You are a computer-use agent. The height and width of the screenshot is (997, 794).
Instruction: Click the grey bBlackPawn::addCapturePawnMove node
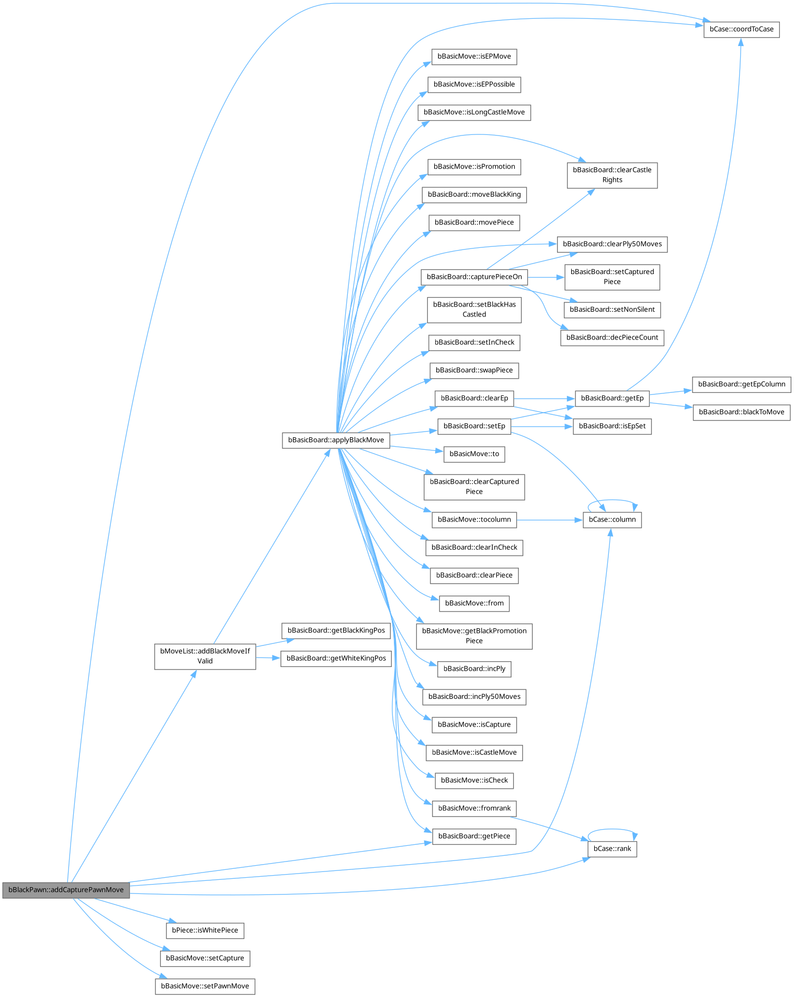66,890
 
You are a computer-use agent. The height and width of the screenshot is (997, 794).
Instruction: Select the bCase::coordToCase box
741,29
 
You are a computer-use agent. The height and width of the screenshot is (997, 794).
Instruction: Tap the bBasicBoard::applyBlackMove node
336,440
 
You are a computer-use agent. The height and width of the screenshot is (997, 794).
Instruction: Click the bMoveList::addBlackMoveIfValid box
205,656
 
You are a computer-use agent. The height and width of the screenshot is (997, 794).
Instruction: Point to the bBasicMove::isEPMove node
474,56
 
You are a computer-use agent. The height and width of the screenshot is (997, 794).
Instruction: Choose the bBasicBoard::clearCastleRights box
612,175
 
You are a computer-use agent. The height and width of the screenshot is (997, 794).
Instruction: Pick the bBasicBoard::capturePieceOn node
474,277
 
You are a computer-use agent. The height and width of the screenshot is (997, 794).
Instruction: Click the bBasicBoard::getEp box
612,399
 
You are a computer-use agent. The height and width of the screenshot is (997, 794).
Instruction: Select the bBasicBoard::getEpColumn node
742,384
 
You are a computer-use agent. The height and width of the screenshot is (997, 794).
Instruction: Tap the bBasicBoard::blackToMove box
742,412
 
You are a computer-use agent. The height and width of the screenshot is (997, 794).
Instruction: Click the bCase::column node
612,520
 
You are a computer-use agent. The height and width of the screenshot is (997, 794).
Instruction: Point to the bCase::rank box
612,849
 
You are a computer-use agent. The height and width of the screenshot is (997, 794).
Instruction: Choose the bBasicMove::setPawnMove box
205,986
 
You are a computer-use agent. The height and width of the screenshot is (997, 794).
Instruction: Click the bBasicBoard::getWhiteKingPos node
336,659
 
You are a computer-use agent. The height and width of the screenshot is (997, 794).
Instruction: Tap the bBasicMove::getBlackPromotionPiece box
474,636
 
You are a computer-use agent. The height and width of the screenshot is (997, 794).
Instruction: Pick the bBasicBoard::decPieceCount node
612,337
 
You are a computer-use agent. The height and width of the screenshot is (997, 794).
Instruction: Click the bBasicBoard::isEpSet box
612,426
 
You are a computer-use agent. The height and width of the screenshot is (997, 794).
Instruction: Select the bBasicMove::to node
474,454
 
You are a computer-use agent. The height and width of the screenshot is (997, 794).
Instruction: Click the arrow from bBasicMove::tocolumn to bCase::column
550,520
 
